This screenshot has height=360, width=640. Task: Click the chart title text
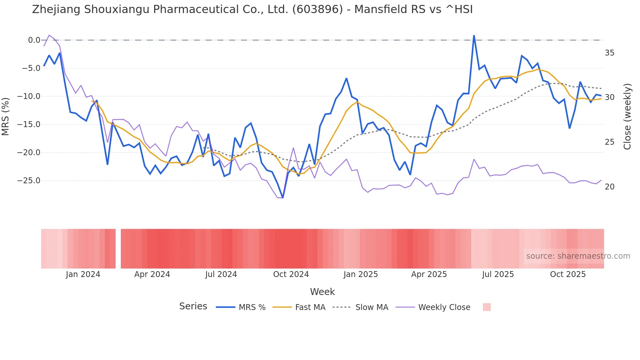252,9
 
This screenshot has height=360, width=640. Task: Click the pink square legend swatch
487,307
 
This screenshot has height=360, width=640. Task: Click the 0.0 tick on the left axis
34,40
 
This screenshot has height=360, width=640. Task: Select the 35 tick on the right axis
609,53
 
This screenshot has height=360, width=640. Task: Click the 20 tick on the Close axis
609,187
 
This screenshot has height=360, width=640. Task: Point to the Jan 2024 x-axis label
83,274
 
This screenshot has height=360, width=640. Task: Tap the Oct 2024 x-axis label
291,274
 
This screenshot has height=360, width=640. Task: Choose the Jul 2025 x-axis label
498,274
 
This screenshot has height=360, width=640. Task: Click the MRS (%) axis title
6,117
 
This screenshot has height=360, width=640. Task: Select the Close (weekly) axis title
627,117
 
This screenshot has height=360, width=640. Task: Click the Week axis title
322,292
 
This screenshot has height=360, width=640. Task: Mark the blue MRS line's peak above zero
474,36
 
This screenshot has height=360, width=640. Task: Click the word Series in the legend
193,306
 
